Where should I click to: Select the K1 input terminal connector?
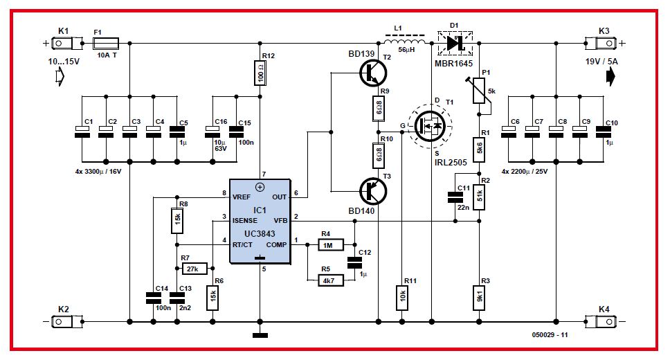coord(64,43)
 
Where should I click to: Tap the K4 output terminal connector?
coord(606,321)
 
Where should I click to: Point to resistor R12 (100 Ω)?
coord(260,72)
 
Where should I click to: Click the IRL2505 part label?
coord(448,163)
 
